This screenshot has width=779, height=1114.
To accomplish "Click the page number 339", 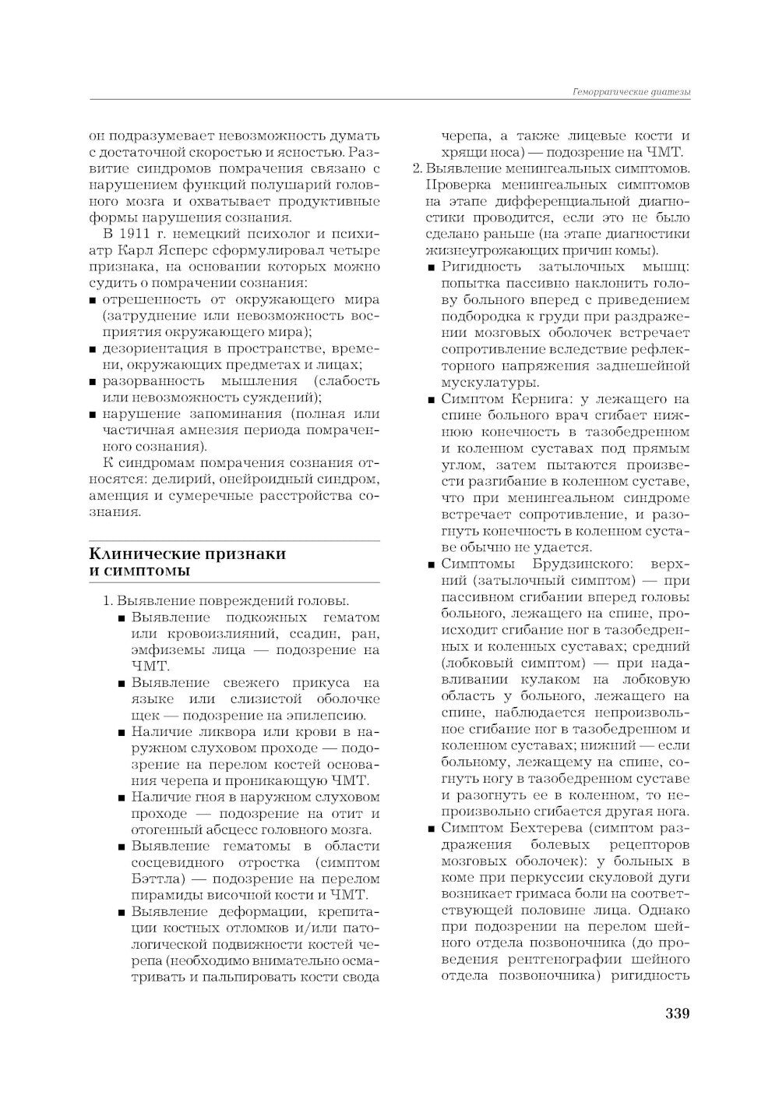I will (x=677, y=1014).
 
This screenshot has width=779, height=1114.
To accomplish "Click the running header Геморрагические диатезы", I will (x=632, y=92).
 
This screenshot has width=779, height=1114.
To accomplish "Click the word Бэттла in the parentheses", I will (x=150, y=879).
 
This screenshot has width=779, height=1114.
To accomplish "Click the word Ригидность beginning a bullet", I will (x=477, y=267).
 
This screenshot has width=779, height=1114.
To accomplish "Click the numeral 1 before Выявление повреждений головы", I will (x=108, y=601).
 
